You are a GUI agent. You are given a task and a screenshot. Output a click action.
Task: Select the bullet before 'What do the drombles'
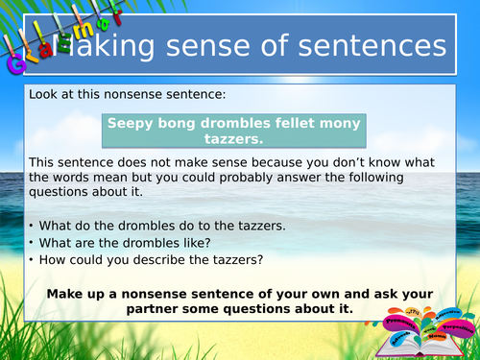pos(34,226)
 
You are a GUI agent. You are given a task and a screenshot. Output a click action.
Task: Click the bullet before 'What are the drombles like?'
pos(34,243)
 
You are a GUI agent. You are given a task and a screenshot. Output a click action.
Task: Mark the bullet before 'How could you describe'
pos(34,260)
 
